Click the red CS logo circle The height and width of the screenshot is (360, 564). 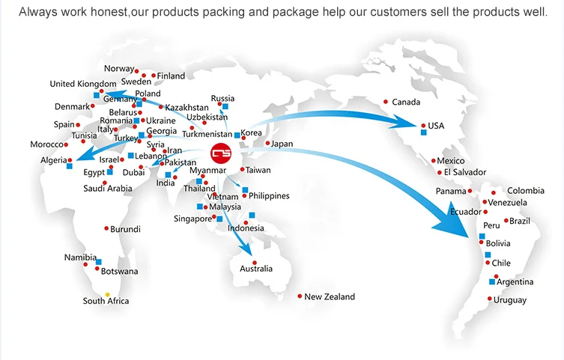222,152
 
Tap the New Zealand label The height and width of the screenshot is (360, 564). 330,297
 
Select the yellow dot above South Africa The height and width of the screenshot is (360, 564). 107,294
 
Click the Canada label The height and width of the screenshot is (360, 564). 406,103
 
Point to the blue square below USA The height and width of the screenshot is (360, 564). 423,132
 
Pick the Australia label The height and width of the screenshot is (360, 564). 256,269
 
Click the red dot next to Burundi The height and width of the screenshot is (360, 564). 106,229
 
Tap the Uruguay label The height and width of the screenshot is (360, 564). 509,300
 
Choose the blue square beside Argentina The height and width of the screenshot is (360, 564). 492,282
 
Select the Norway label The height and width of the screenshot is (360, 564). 118,69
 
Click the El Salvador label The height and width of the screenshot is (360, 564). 464,173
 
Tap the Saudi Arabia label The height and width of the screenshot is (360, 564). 107,189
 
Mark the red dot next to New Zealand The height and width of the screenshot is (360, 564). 300,297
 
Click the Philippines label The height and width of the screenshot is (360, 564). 269,195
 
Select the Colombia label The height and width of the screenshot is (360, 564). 526,191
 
